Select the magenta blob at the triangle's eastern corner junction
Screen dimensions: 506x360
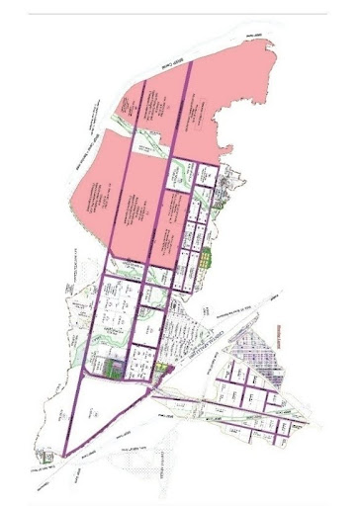167,369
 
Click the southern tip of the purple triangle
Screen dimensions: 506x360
66,456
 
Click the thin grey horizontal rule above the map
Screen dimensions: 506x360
178,14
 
